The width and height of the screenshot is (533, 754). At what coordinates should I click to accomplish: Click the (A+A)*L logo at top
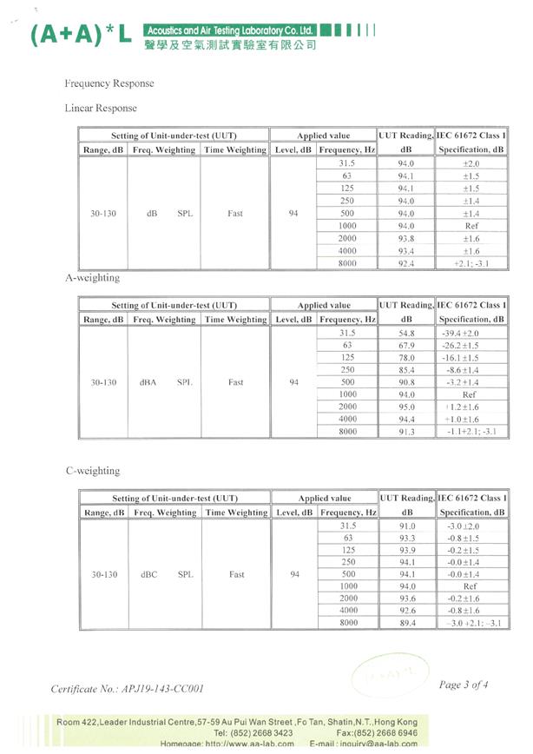pyautogui.click(x=82, y=34)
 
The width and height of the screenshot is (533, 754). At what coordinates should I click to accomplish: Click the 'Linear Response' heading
pyautogui.click(x=101, y=109)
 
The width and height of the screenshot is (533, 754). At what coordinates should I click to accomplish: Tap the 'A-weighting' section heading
pyautogui.click(x=93, y=278)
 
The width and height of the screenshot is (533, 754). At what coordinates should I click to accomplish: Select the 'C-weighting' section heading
pyautogui.click(x=93, y=471)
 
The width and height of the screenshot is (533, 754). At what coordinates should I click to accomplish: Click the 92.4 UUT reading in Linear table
pyautogui.click(x=406, y=262)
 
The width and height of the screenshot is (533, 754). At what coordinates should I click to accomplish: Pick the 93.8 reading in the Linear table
pyautogui.click(x=406, y=238)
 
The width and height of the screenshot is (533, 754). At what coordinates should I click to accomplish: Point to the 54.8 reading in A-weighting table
pyautogui.click(x=406, y=333)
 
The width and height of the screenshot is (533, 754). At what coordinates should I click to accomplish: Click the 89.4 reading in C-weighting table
pyautogui.click(x=406, y=623)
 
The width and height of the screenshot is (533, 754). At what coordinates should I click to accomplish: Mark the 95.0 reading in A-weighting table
pyautogui.click(x=406, y=407)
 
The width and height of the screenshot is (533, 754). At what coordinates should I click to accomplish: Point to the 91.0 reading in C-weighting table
pyautogui.click(x=406, y=526)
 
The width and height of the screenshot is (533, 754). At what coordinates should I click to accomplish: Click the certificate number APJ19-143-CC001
pyautogui.click(x=128, y=689)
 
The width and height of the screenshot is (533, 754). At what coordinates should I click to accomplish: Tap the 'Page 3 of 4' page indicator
pyautogui.click(x=464, y=685)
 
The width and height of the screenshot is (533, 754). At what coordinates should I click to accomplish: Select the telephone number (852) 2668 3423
pyautogui.click(x=253, y=733)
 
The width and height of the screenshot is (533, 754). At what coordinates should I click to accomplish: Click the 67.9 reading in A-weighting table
pyautogui.click(x=406, y=345)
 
